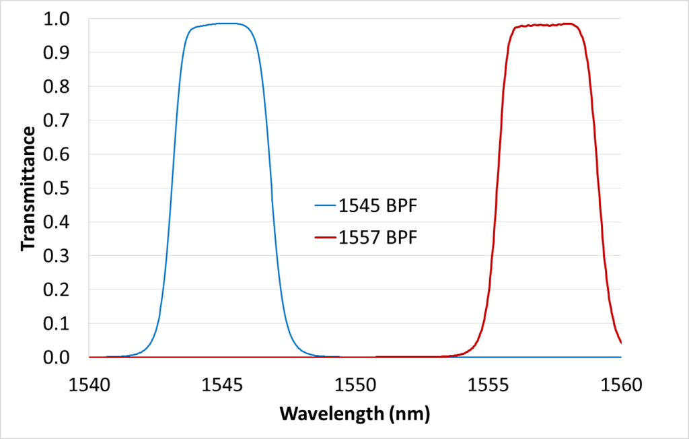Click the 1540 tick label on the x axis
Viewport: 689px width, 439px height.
[89, 384]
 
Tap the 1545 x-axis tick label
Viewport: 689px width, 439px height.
[222, 384]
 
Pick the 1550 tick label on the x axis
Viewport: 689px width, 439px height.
[355, 384]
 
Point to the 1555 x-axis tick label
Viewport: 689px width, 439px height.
[488, 384]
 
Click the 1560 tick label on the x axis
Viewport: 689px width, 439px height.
[620, 384]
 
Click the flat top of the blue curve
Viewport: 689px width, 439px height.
[222, 24]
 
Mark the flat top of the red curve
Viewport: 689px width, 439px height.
[545, 25]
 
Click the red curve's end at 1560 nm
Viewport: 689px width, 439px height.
[620, 342]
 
